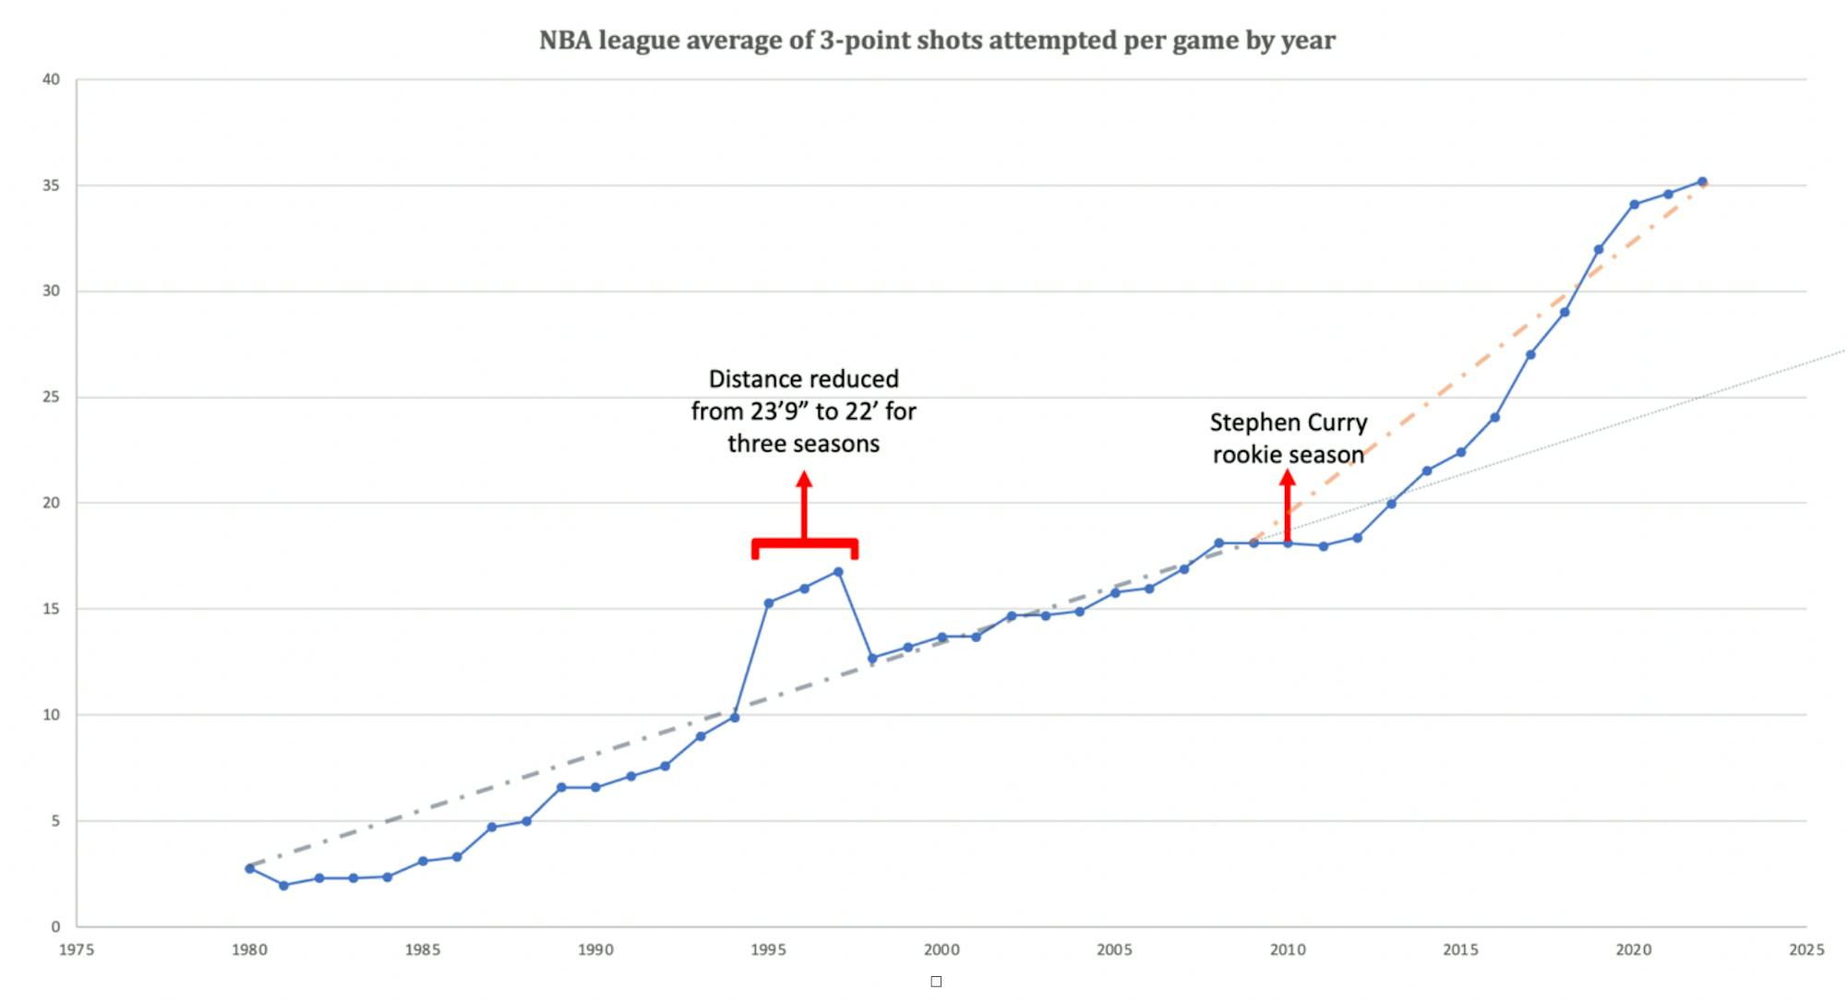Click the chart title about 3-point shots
coord(937,41)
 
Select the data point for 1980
coord(249,868)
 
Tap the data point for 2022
coord(1702,182)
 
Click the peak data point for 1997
coord(838,572)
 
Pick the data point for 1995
coord(769,602)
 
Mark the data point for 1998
coord(872,659)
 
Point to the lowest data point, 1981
coord(284,886)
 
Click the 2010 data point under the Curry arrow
coord(1288,543)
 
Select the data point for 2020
coord(1634,205)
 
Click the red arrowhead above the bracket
coord(804,479)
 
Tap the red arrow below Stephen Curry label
coord(1288,503)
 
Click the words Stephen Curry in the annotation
coord(1289,423)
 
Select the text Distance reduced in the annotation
coord(803,379)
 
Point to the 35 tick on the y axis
coord(51,185)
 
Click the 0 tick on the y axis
coord(55,926)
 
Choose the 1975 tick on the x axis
coord(77,949)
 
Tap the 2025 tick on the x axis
coord(1806,949)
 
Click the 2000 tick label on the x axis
coord(941,949)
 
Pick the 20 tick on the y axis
coord(51,503)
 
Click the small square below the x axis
coord(936,982)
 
